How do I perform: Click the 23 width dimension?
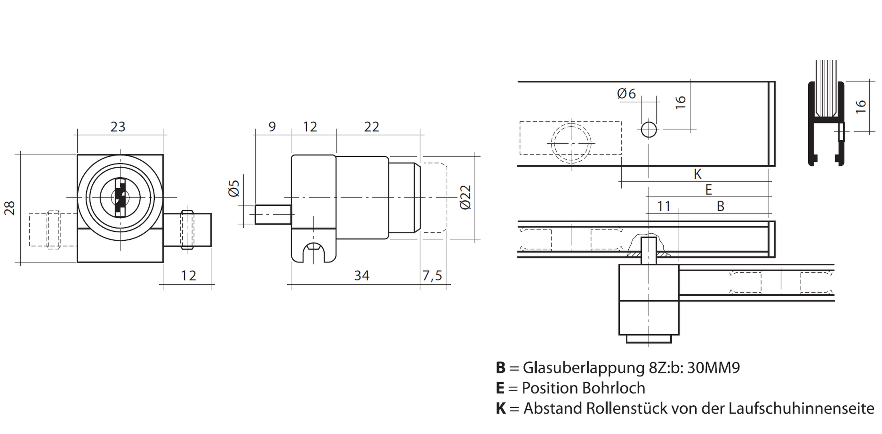118,127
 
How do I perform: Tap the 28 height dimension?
10,208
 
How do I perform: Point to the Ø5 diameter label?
234,188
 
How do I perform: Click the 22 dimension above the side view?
372,127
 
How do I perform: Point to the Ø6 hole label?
626,94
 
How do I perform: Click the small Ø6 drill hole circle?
649,130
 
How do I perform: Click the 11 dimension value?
664,206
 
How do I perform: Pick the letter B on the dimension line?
720,206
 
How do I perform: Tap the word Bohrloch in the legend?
613,388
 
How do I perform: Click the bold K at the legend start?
501,408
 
